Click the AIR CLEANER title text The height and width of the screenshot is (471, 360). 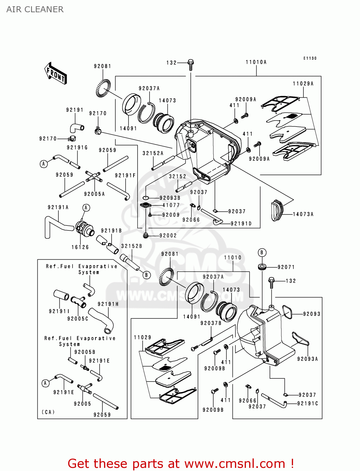35,9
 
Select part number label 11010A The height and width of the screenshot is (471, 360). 256,62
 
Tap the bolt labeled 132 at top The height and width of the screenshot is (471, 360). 191,64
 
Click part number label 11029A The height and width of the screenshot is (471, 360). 303,84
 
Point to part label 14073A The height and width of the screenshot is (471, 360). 303,214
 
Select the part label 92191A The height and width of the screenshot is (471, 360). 58,207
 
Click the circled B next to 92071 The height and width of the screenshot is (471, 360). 262,252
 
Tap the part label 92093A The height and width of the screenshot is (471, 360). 307,359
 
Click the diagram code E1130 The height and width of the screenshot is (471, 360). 310,58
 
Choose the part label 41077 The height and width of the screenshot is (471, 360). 171,205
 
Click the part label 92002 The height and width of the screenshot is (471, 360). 168,235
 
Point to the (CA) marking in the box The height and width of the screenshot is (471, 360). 48,412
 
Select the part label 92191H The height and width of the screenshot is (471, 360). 108,304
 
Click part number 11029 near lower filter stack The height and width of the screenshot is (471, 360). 142,337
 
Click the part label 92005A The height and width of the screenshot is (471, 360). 94,194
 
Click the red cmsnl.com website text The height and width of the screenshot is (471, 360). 181,463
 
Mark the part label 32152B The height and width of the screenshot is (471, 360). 132,246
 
